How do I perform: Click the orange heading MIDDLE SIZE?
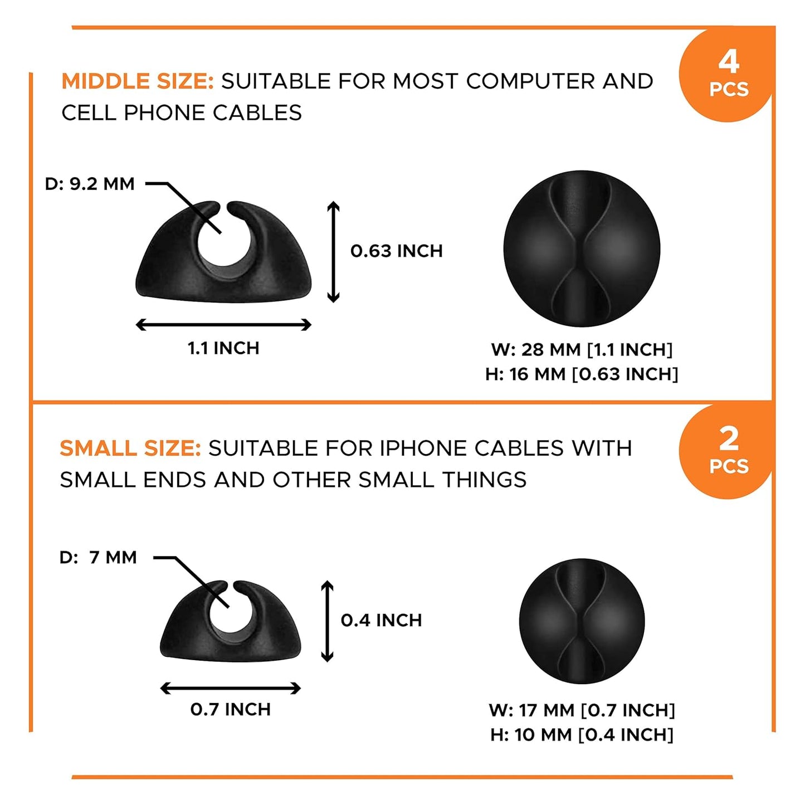138,81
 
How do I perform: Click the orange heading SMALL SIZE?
130,448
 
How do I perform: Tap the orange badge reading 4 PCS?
728,75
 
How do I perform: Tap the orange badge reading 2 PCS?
728,452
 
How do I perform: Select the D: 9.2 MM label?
90,184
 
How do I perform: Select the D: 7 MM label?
98,557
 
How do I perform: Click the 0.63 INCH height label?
397,251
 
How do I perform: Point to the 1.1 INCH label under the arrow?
223,348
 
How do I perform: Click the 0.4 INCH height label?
382,620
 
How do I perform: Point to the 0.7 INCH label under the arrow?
231,709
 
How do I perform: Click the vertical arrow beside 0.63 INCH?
333,251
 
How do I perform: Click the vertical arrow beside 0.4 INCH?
328,621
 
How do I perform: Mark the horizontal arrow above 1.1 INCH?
223,325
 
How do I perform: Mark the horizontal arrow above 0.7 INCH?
231,688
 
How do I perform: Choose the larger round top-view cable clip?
582,248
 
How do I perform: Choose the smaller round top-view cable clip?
582,621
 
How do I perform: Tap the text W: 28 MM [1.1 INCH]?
582,350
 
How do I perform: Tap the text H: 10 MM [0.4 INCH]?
582,735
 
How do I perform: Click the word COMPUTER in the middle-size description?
530,81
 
